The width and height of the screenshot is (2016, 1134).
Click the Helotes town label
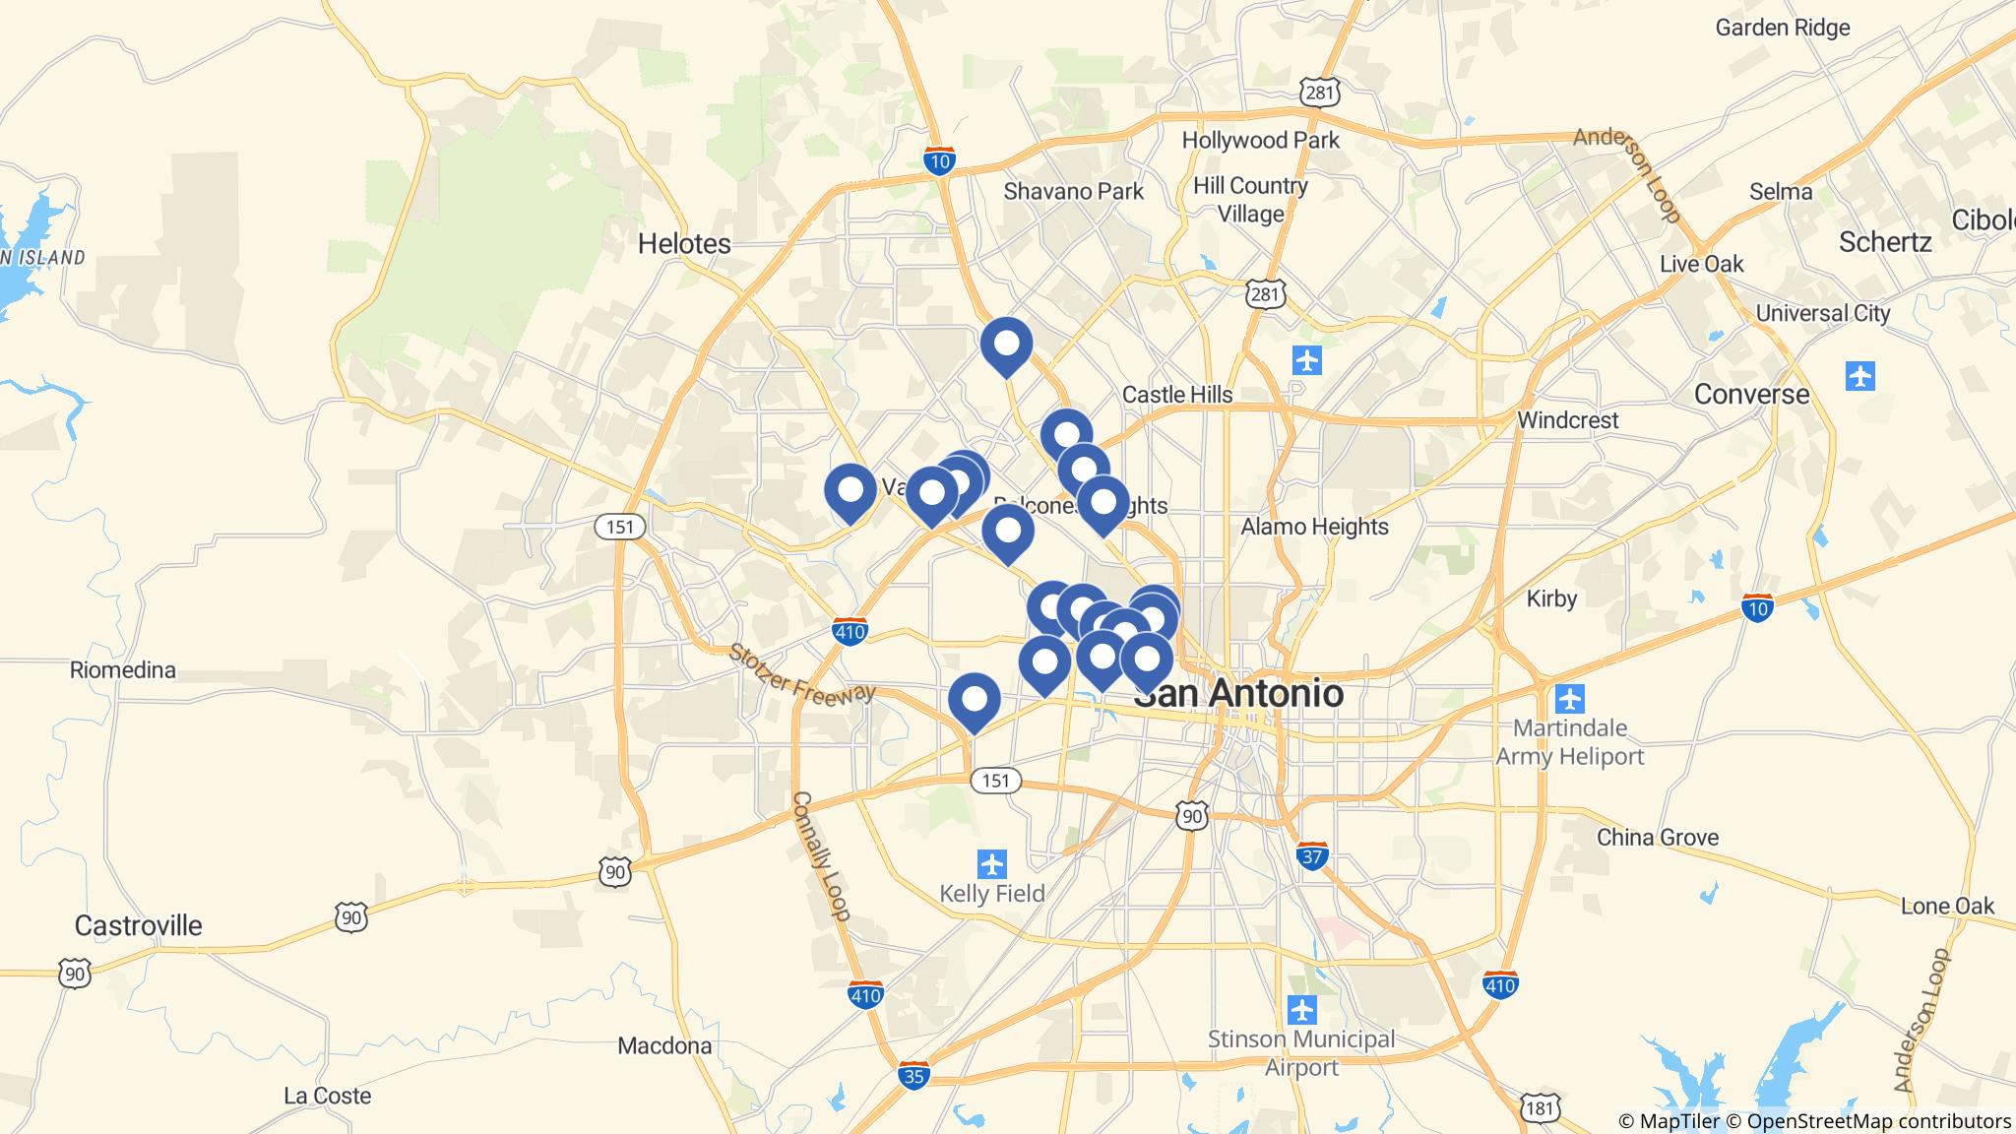pyautogui.click(x=684, y=243)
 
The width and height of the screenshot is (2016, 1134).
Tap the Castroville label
pyautogui.click(x=138, y=925)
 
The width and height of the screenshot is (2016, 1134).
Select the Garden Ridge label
pyautogui.click(x=1783, y=28)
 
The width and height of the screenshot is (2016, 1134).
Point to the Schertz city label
pyautogui.click(x=1885, y=242)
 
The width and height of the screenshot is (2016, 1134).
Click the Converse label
pyautogui.click(x=1751, y=395)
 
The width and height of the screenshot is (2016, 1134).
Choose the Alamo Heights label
pyautogui.click(x=1314, y=527)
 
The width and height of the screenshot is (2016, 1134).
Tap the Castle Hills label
pyautogui.click(x=1177, y=395)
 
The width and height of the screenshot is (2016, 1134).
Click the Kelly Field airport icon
pyautogui.click(x=991, y=864)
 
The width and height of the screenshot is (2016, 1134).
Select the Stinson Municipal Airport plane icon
pyautogui.click(x=1301, y=1010)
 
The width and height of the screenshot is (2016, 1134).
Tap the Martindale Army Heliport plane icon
pyautogui.click(x=1570, y=700)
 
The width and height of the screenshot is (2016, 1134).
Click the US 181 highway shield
pyautogui.click(x=1541, y=1109)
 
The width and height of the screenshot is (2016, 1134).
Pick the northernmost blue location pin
pyautogui.click(x=1006, y=346)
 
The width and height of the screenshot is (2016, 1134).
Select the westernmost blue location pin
pyautogui.click(x=850, y=491)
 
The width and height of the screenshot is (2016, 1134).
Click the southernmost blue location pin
pyautogui.click(x=974, y=701)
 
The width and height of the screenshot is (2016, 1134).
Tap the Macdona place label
pyautogui.click(x=664, y=1045)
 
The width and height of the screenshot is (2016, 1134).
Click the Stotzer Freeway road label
pyautogui.click(x=801, y=673)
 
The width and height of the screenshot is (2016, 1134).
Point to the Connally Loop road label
pyautogui.click(x=820, y=855)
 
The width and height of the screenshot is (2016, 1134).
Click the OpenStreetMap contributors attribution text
pyautogui.click(x=1878, y=1121)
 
